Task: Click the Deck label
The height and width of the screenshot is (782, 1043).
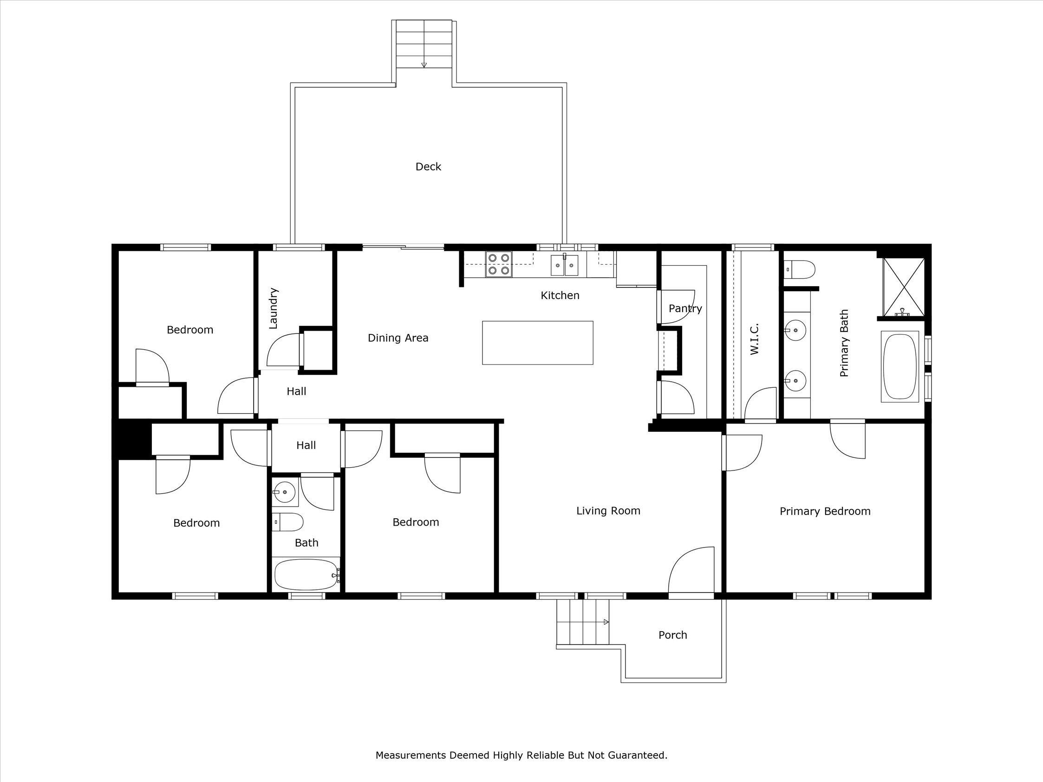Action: coord(428,167)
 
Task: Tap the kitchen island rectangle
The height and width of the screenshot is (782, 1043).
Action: coord(538,343)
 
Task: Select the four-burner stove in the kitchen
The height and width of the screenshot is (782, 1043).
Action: coord(499,264)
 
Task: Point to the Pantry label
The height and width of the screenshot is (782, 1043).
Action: coord(685,309)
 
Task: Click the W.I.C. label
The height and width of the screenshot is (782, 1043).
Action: coord(754,339)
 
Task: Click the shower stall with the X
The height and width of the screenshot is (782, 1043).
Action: coord(903,287)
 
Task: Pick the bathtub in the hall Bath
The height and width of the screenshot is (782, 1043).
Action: coord(306,574)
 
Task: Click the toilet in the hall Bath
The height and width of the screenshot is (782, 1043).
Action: coord(288,522)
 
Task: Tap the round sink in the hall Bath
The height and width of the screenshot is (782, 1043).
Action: coord(284,492)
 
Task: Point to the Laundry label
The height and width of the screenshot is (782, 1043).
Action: coord(274,308)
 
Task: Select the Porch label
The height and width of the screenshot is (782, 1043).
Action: coord(672,635)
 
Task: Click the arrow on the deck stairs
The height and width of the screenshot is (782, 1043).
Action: coord(424,65)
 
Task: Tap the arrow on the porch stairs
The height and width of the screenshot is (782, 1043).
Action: coord(606,622)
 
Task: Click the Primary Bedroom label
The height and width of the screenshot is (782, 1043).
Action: coord(825,511)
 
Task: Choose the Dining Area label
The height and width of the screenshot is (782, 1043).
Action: coord(398,338)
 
